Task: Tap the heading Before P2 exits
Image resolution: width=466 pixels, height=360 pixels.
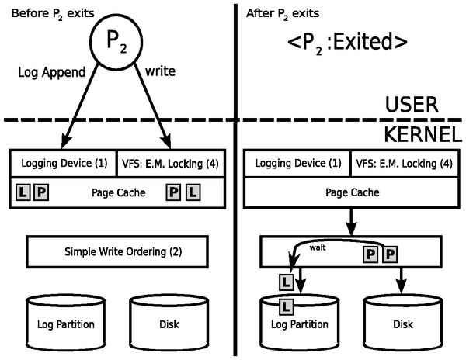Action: (48, 12)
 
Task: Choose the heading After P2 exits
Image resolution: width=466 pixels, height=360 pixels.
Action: (283, 12)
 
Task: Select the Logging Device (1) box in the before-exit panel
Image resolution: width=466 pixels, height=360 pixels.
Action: (63, 163)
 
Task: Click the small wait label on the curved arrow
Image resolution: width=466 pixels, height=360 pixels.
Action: (318, 249)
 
